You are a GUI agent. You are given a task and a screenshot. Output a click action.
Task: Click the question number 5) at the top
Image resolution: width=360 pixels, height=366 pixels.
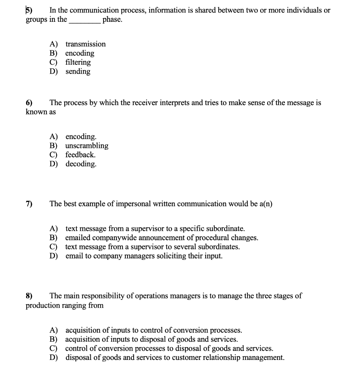(x=29, y=10)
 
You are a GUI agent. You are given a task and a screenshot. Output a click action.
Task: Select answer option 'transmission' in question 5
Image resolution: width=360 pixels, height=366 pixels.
(x=85, y=44)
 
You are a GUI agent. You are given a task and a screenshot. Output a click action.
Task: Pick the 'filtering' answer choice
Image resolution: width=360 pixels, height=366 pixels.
(x=78, y=62)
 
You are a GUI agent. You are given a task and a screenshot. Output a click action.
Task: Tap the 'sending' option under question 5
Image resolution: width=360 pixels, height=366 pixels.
(x=78, y=71)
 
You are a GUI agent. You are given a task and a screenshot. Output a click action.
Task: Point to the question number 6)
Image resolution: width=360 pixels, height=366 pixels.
(x=29, y=103)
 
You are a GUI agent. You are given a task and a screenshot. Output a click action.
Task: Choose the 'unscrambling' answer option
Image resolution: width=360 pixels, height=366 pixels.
(x=87, y=146)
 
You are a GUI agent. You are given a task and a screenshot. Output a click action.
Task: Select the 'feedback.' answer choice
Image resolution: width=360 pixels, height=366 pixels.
(x=80, y=155)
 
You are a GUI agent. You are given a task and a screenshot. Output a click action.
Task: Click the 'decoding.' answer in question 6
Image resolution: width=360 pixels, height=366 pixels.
(x=81, y=164)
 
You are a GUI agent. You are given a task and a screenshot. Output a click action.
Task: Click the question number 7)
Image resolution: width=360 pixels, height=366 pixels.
(x=29, y=204)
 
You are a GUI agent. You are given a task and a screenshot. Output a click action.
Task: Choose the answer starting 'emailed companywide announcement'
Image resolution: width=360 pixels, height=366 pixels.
(x=161, y=238)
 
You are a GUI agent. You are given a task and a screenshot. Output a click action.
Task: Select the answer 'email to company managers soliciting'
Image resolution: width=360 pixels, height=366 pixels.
(x=144, y=256)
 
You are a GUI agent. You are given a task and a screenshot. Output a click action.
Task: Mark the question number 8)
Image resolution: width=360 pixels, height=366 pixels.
(x=29, y=296)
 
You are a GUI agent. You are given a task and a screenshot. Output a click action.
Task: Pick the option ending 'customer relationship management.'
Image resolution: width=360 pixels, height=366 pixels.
(x=175, y=357)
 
